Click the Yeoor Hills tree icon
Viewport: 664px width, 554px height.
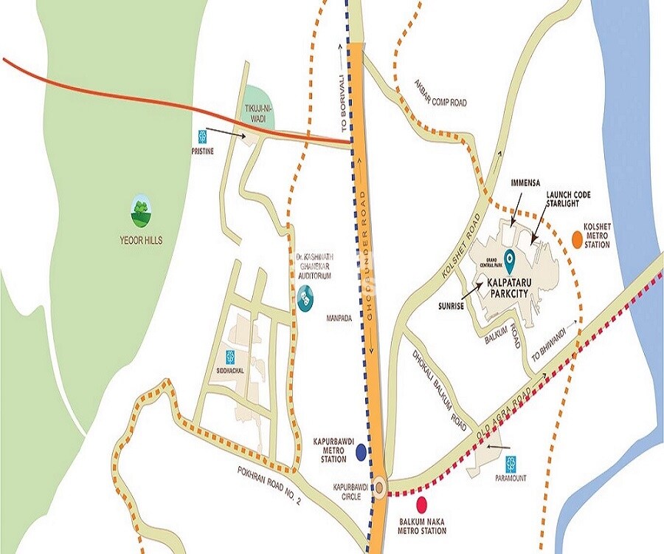(141, 211)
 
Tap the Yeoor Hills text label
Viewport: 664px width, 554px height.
(141, 239)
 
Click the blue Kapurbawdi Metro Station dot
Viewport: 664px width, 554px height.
(362, 451)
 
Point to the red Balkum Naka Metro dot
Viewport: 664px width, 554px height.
(422, 505)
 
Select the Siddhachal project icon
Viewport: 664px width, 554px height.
(231, 356)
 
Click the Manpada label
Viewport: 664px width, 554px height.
(341, 321)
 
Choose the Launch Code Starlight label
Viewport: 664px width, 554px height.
(567, 199)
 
